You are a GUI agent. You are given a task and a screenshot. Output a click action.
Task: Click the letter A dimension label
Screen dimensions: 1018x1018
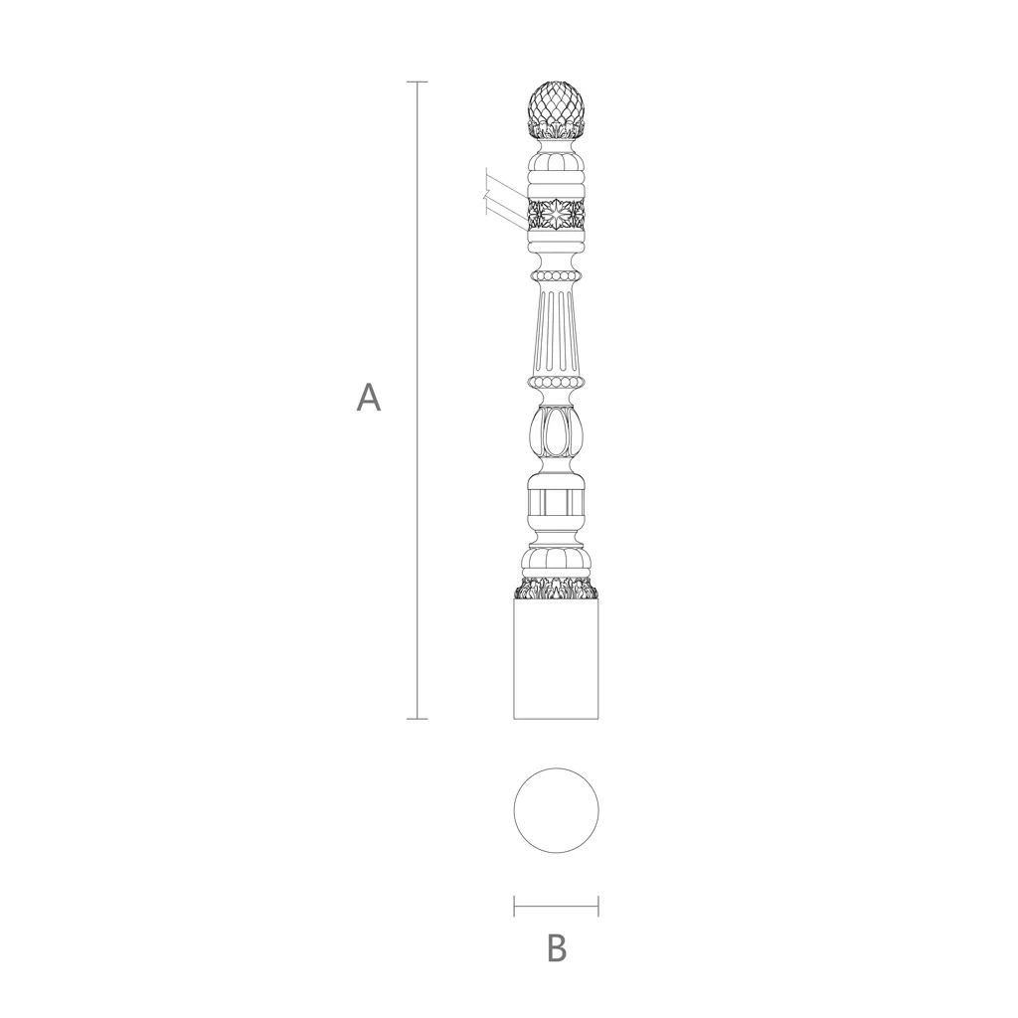[x=368, y=398]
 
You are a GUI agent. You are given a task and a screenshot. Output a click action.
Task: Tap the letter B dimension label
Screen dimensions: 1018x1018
[x=557, y=947]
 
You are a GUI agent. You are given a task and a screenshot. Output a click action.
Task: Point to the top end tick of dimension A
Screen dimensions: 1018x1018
[x=417, y=83]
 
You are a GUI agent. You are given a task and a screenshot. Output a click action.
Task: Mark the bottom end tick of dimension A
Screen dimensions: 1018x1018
[x=417, y=719]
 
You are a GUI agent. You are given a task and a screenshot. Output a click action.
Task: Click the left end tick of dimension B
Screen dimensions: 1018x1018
[x=514, y=906]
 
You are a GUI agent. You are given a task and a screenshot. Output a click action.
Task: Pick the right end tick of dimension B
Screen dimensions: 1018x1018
[x=598, y=906]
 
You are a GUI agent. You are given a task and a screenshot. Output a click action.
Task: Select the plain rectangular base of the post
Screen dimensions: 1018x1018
[x=557, y=659]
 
